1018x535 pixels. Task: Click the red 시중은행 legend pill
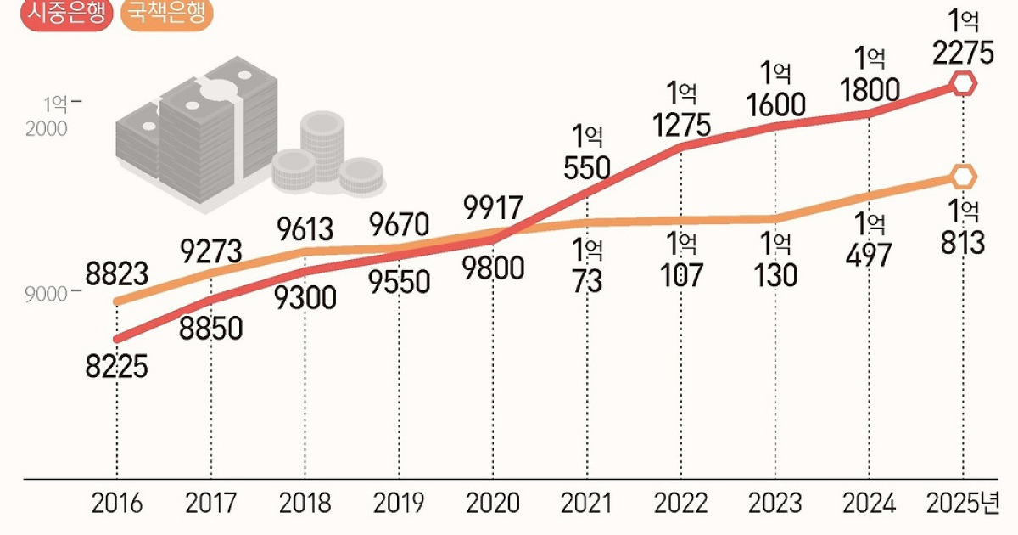coord(67,14)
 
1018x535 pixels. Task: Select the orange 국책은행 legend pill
coord(167,14)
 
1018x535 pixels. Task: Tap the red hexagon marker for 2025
coord(963,84)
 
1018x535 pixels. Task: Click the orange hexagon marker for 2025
coord(963,177)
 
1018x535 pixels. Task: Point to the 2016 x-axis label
coord(117,503)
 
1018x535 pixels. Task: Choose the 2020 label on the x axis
coord(493,503)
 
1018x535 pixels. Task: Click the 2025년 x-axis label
coord(963,503)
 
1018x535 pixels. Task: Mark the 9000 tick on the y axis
coord(47,295)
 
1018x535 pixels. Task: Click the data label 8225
coord(117,367)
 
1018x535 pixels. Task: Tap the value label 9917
coord(493,207)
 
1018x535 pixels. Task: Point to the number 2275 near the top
coord(963,53)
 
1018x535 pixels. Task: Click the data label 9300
coord(305,298)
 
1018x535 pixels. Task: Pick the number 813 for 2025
coord(963,243)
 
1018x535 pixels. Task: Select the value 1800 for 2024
coord(870,90)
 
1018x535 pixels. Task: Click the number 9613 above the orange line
coord(305,229)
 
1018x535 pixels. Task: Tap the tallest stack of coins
coord(322,145)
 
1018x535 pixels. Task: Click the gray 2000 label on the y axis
coord(47,129)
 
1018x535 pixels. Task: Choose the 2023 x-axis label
coord(775,503)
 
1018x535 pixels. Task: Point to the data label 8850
coord(211,329)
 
